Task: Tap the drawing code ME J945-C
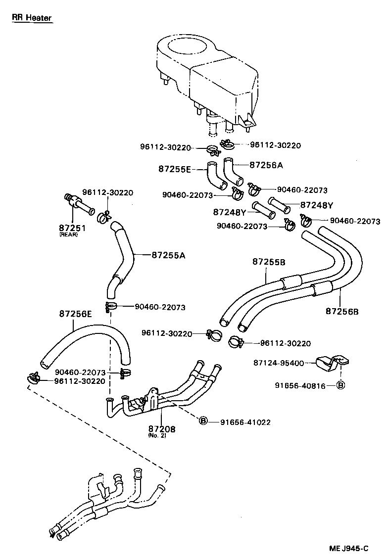pos(349,549)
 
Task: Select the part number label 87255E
pos(174,169)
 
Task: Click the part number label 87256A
pos(266,165)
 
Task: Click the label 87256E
pos(75,314)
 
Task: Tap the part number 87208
pos(162,429)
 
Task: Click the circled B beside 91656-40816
pos(340,385)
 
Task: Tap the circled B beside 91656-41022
pos(203,421)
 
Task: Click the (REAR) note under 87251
pos(68,234)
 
